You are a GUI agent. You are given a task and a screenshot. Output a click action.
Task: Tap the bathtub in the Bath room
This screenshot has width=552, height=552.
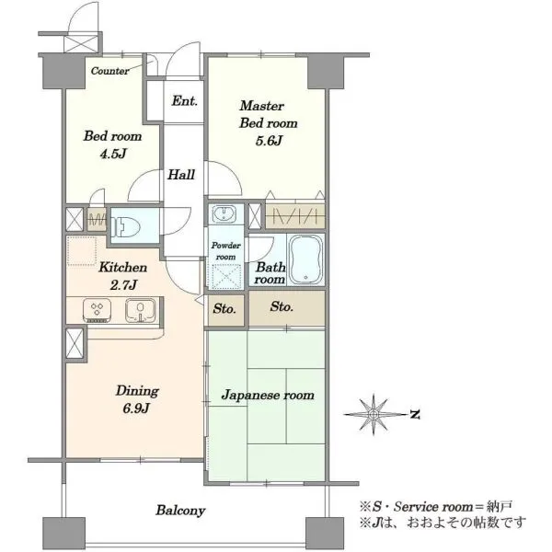pos(305,259)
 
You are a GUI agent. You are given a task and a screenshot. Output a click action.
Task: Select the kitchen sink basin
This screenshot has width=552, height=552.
pos(141,310)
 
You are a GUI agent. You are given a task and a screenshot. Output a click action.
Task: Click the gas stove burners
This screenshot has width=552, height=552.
pos(98,310)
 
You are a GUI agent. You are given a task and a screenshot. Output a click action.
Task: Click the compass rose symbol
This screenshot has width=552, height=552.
pos(374,414)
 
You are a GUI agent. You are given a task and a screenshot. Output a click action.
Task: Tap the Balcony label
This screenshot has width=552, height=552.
pos(180,511)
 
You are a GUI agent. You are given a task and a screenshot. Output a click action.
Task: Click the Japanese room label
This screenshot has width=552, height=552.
pos(268,396)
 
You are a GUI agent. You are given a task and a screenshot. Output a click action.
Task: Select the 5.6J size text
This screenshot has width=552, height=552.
pos(269,141)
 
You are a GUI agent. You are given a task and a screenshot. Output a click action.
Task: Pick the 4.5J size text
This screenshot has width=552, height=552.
pos(112,154)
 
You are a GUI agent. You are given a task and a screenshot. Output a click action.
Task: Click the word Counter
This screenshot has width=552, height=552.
pos(109,71)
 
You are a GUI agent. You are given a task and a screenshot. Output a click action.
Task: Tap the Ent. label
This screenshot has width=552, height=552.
pos(185,101)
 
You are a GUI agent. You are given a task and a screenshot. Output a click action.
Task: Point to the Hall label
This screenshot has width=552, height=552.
pos(181,175)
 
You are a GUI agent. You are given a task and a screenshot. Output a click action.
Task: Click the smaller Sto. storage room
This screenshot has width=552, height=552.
pos(225,310)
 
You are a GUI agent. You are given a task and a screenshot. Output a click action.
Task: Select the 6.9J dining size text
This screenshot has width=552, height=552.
pos(136,408)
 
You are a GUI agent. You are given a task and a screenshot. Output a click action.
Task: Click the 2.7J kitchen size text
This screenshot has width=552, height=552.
pos(123,285)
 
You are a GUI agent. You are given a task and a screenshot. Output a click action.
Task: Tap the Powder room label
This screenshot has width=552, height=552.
pos(226,251)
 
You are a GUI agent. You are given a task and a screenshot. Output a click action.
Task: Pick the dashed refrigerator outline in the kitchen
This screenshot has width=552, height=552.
pos(82,250)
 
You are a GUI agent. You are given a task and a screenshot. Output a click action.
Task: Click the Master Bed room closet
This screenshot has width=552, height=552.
pos(294,216)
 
